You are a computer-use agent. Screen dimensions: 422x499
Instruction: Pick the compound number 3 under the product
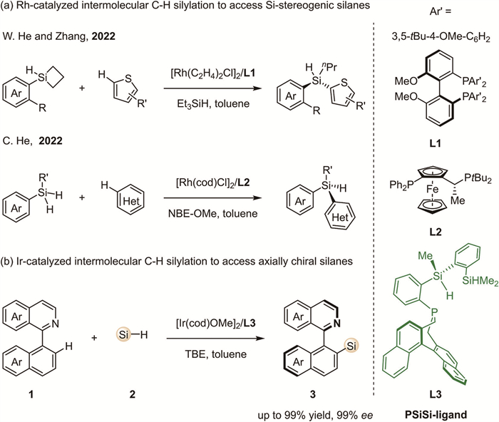click(325, 391)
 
